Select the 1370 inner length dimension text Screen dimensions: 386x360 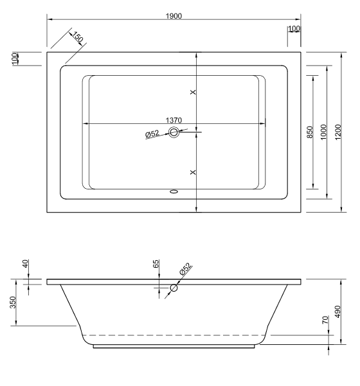pos(175,119)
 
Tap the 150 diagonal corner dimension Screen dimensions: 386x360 pos(78,39)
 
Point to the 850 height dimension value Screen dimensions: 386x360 pos(310,132)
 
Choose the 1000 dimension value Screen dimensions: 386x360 pos(325,132)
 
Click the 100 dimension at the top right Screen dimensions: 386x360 pos(294,30)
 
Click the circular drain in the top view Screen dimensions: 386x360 pos(174,133)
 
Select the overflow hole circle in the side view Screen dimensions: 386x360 pos(172,288)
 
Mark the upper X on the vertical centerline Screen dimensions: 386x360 pos(194,93)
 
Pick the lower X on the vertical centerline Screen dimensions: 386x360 pos(194,173)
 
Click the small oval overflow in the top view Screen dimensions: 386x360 pos(174,191)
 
